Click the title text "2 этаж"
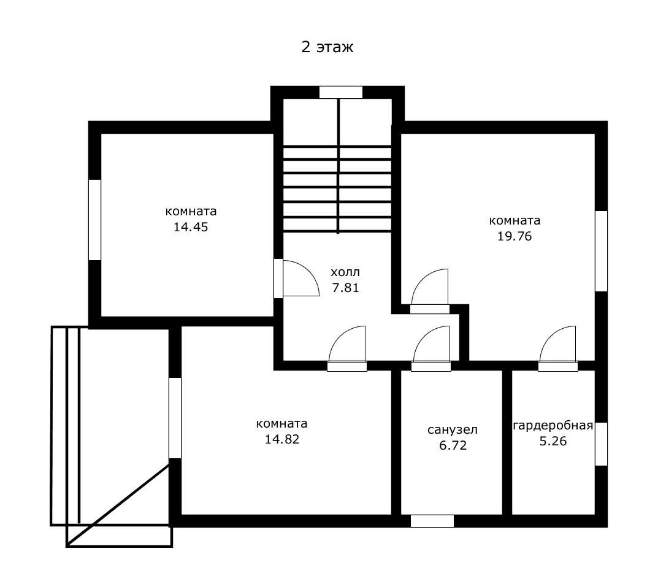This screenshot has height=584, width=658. pyautogui.click(x=327, y=47)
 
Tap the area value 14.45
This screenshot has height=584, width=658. pyautogui.click(x=191, y=227)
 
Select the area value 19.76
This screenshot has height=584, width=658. pyautogui.click(x=515, y=236)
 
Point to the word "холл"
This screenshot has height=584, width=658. pyautogui.click(x=345, y=272)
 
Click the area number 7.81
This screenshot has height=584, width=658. pyautogui.click(x=345, y=288)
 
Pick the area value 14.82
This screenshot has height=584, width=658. pyautogui.click(x=282, y=439)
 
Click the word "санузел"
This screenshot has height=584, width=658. pyautogui.click(x=453, y=430)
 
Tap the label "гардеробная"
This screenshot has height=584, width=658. pyautogui.click(x=553, y=426)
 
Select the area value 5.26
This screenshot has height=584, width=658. pyautogui.click(x=553, y=441)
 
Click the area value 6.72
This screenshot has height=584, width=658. pyautogui.click(x=453, y=445)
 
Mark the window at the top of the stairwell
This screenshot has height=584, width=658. pyautogui.click(x=341, y=93)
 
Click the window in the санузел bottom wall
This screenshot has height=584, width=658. pyautogui.click(x=432, y=521)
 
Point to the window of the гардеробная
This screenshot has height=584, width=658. pyautogui.click(x=602, y=444)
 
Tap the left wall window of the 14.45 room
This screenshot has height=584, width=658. pyautogui.click(x=95, y=220)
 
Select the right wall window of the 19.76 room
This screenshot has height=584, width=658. pyautogui.click(x=602, y=251)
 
